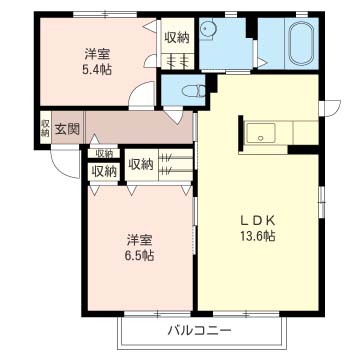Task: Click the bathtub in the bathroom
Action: [302, 43]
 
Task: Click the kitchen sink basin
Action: [261, 133]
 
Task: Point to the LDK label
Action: [257, 221]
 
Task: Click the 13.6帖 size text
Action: [257, 236]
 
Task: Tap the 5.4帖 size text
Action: [97, 70]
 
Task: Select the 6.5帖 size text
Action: [139, 255]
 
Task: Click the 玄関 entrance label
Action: [67, 129]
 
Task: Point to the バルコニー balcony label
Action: [199, 330]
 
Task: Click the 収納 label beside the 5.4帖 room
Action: [177, 37]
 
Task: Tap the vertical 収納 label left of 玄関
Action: [45, 128]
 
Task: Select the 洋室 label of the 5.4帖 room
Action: [97, 54]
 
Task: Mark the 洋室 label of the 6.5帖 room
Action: [139, 240]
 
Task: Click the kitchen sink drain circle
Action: [261, 137]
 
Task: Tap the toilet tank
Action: [202, 91]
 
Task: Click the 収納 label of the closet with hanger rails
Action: [141, 164]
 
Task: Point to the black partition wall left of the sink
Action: [241, 134]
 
